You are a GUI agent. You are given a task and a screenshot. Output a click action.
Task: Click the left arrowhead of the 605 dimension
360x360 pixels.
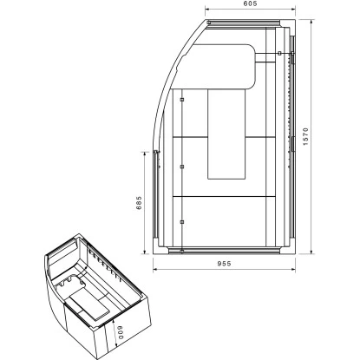tap(208, 15)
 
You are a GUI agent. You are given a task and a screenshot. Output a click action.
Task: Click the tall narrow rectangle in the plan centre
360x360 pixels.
tap(228, 134)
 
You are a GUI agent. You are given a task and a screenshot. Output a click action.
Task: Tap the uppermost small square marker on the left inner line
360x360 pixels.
tap(182, 101)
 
